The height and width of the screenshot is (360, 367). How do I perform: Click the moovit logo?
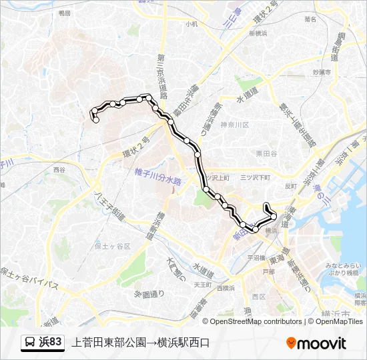(x=316, y=343)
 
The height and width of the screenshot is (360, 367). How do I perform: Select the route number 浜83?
(x=51, y=343)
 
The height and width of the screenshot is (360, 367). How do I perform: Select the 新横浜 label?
(x=258, y=33)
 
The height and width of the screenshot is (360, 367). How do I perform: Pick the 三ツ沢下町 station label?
(x=256, y=178)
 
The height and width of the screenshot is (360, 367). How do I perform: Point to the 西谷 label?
(x=59, y=170)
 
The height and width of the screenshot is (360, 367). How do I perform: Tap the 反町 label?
(x=290, y=186)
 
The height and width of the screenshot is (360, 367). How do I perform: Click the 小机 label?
(x=192, y=23)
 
